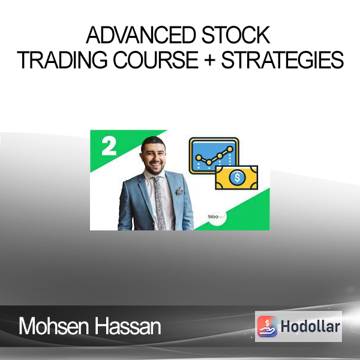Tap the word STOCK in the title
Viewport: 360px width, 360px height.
(x=236, y=35)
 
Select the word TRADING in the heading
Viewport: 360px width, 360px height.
(x=62, y=60)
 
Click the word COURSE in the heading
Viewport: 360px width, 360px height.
(x=155, y=60)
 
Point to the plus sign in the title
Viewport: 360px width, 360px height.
(x=209, y=61)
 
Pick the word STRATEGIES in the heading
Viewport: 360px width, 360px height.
(x=282, y=60)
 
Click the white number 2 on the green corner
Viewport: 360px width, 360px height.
(x=109, y=146)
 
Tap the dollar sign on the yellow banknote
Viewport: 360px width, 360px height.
(x=238, y=177)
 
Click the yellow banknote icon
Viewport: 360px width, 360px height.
(x=236, y=178)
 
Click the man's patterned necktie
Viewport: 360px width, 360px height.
(x=160, y=203)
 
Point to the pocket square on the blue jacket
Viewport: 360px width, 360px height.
(x=180, y=191)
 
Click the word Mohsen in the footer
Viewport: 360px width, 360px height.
(x=53, y=326)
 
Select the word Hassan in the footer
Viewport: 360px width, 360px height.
(x=128, y=326)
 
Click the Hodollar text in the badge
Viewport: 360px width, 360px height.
(x=310, y=326)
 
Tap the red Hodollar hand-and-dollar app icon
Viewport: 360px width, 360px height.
(x=267, y=326)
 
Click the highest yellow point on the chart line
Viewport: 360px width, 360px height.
(x=230, y=149)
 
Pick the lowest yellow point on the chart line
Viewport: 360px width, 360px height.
(x=209, y=163)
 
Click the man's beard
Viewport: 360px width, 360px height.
(x=154, y=169)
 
